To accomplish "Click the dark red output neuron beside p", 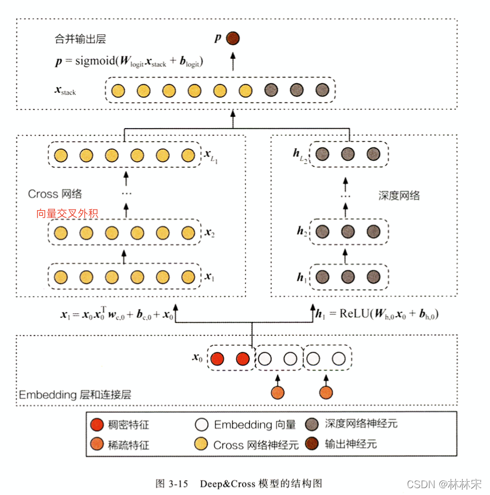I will point(233,38).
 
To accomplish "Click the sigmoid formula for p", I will point(129,62).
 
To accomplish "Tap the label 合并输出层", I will point(77,40).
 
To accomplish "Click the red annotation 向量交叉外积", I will point(67,214).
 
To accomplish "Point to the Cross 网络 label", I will point(55,194).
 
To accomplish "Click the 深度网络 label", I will point(399,195).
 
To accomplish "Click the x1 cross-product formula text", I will point(117,314).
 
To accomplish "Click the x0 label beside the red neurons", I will point(197,358).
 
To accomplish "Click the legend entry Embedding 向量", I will point(254,424).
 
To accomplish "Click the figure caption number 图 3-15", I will point(172,483).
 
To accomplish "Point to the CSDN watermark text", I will point(443,484).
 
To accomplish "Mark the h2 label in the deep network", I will point(301,231).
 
